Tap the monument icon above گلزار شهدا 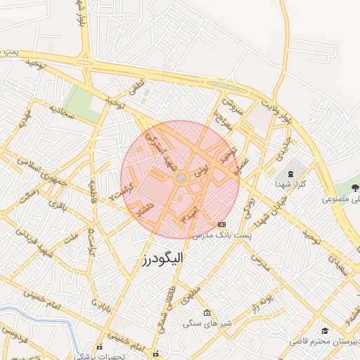tap(290, 173)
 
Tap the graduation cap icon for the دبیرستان tap(324, 330)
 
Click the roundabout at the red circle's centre tap(180, 179)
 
